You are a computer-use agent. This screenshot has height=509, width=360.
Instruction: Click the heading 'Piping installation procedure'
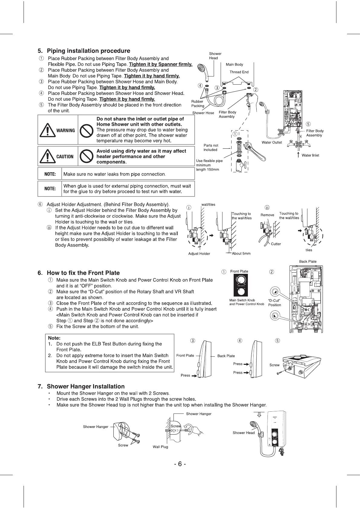(x=88, y=51)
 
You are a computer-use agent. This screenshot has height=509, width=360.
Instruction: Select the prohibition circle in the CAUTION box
(x=86, y=156)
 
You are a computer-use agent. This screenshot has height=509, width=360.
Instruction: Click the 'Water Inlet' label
(x=310, y=155)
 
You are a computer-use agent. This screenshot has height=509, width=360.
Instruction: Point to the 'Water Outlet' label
(x=272, y=142)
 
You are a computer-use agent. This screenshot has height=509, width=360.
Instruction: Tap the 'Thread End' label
(x=239, y=72)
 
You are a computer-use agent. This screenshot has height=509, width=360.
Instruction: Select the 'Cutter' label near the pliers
(x=276, y=244)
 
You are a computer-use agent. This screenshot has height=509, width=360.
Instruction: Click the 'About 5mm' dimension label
(x=241, y=254)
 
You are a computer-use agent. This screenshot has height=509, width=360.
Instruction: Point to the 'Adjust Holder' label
(x=199, y=254)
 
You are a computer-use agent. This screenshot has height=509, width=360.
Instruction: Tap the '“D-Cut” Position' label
(x=274, y=303)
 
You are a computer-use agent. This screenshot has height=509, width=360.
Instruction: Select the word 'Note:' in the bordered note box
(x=54, y=338)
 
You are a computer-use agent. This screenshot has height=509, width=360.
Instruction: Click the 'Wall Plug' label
(x=160, y=447)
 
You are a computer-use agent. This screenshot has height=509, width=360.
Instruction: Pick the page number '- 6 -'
(x=180, y=464)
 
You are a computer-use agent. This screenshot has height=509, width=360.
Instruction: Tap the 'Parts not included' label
(x=211, y=148)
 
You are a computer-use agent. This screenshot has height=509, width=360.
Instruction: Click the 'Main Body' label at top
(x=234, y=64)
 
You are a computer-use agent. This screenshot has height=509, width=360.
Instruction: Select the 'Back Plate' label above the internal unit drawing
(x=308, y=261)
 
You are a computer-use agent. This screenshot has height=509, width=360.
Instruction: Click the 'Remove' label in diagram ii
(x=267, y=215)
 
